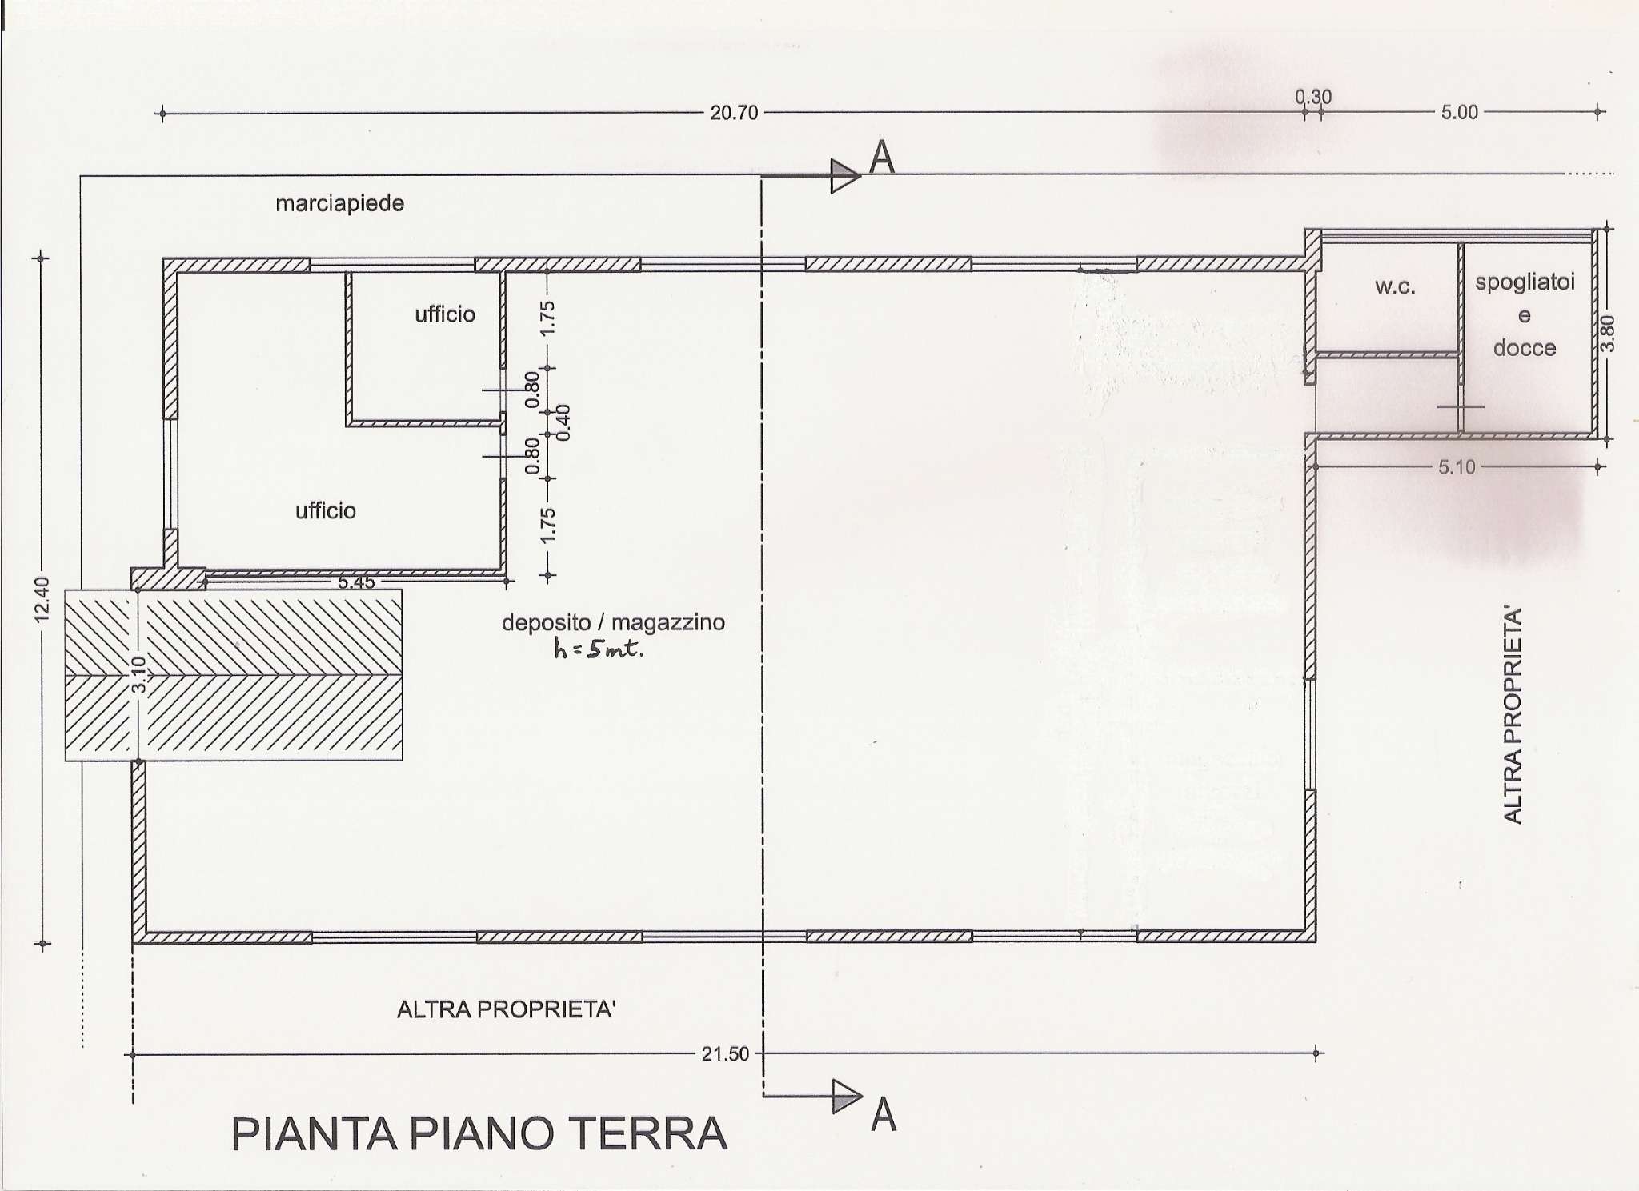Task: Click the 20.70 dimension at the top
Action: point(733,114)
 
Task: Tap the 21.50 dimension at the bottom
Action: point(725,1054)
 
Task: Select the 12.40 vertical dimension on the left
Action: point(42,598)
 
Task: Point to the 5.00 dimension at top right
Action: point(1459,113)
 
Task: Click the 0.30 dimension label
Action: point(1313,98)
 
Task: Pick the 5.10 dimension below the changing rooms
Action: point(1456,467)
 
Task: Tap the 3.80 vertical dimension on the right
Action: point(1608,334)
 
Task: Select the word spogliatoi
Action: point(1525,282)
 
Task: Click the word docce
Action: point(1524,348)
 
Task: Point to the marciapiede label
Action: point(339,203)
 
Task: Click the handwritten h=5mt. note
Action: point(599,649)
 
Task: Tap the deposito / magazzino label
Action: point(613,622)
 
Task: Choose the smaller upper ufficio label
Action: point(445,314)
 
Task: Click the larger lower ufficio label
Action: point(325,510)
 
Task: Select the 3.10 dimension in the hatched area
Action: point(138,675)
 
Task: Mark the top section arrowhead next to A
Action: point(844,176)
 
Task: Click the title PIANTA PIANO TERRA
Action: point(479,1133)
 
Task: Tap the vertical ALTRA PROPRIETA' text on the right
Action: point(1512,715)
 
